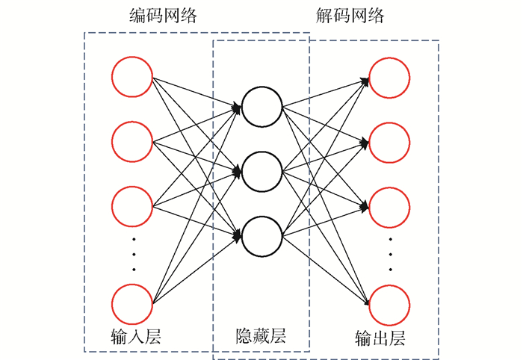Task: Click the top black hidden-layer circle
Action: click(x=261, y=108)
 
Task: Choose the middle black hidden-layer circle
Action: click(x=261, y=173)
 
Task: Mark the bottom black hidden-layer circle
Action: click(x=261, y=236)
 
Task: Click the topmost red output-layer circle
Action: click(x=389, y=78)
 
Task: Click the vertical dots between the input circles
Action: click(x=134, y=255)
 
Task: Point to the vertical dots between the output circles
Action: click(x=391, y=255)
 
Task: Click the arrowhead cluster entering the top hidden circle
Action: click(x=237, y=109)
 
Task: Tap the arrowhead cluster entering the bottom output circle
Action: click(x=366, y=302)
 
